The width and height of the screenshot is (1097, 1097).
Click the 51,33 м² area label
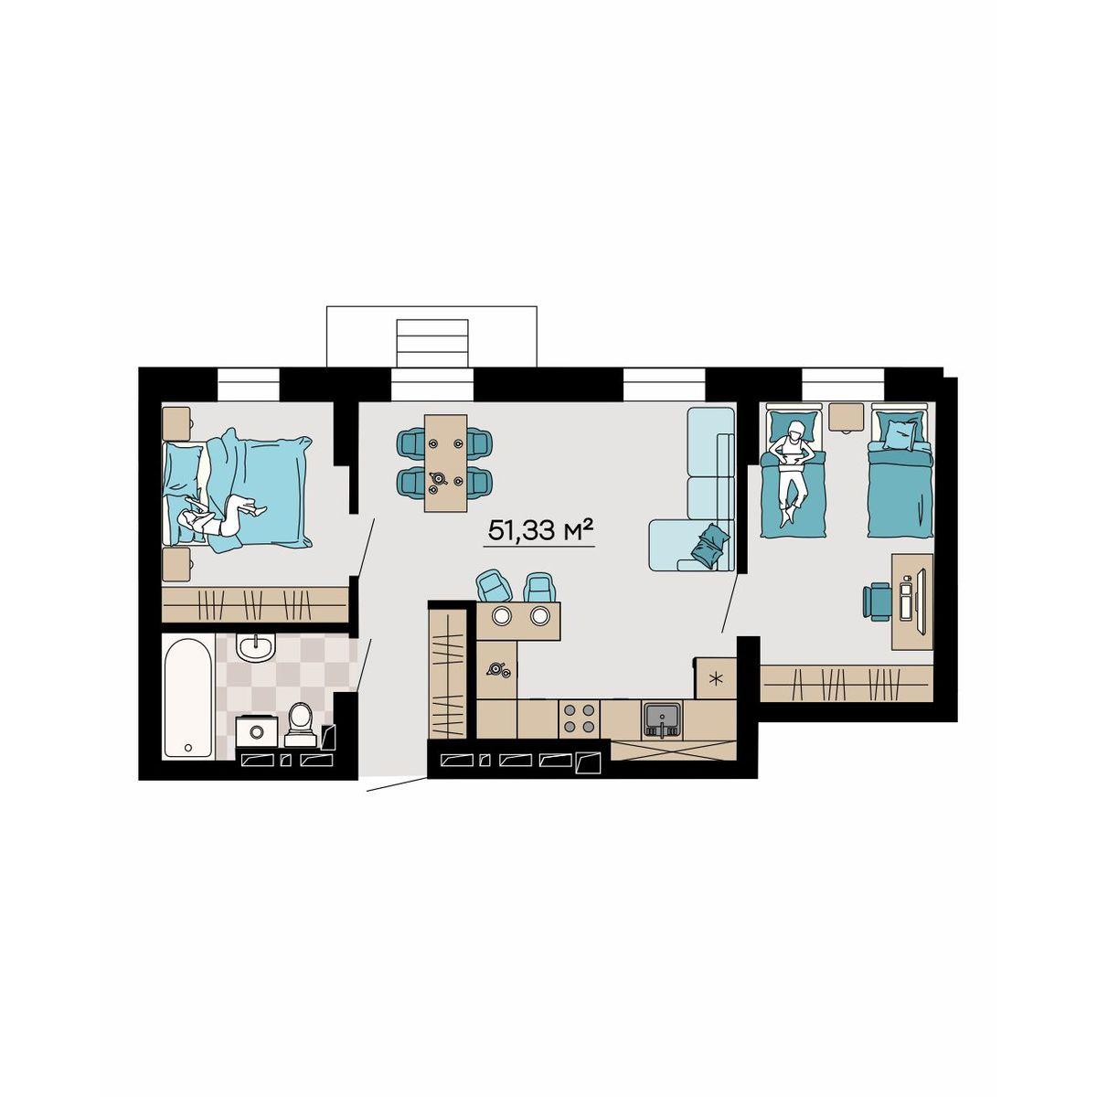click(x=538, y=532)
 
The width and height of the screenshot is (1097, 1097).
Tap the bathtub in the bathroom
click(x=188, y=698)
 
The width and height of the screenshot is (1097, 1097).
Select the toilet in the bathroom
click(x=300, y=725)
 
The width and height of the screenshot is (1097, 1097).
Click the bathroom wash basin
click(x=257, y=648)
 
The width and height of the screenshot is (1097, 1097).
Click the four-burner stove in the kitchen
click(x=579, y=719)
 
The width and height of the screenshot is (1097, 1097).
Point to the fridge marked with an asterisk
click(x=716, y=678)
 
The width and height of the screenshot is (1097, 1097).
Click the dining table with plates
click(x=446, y=463)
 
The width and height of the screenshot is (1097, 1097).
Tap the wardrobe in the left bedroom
click(x=255, y=604)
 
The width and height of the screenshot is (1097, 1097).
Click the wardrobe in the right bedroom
click(x=847, y=683)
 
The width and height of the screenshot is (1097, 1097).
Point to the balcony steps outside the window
click(x=432, y=343)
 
